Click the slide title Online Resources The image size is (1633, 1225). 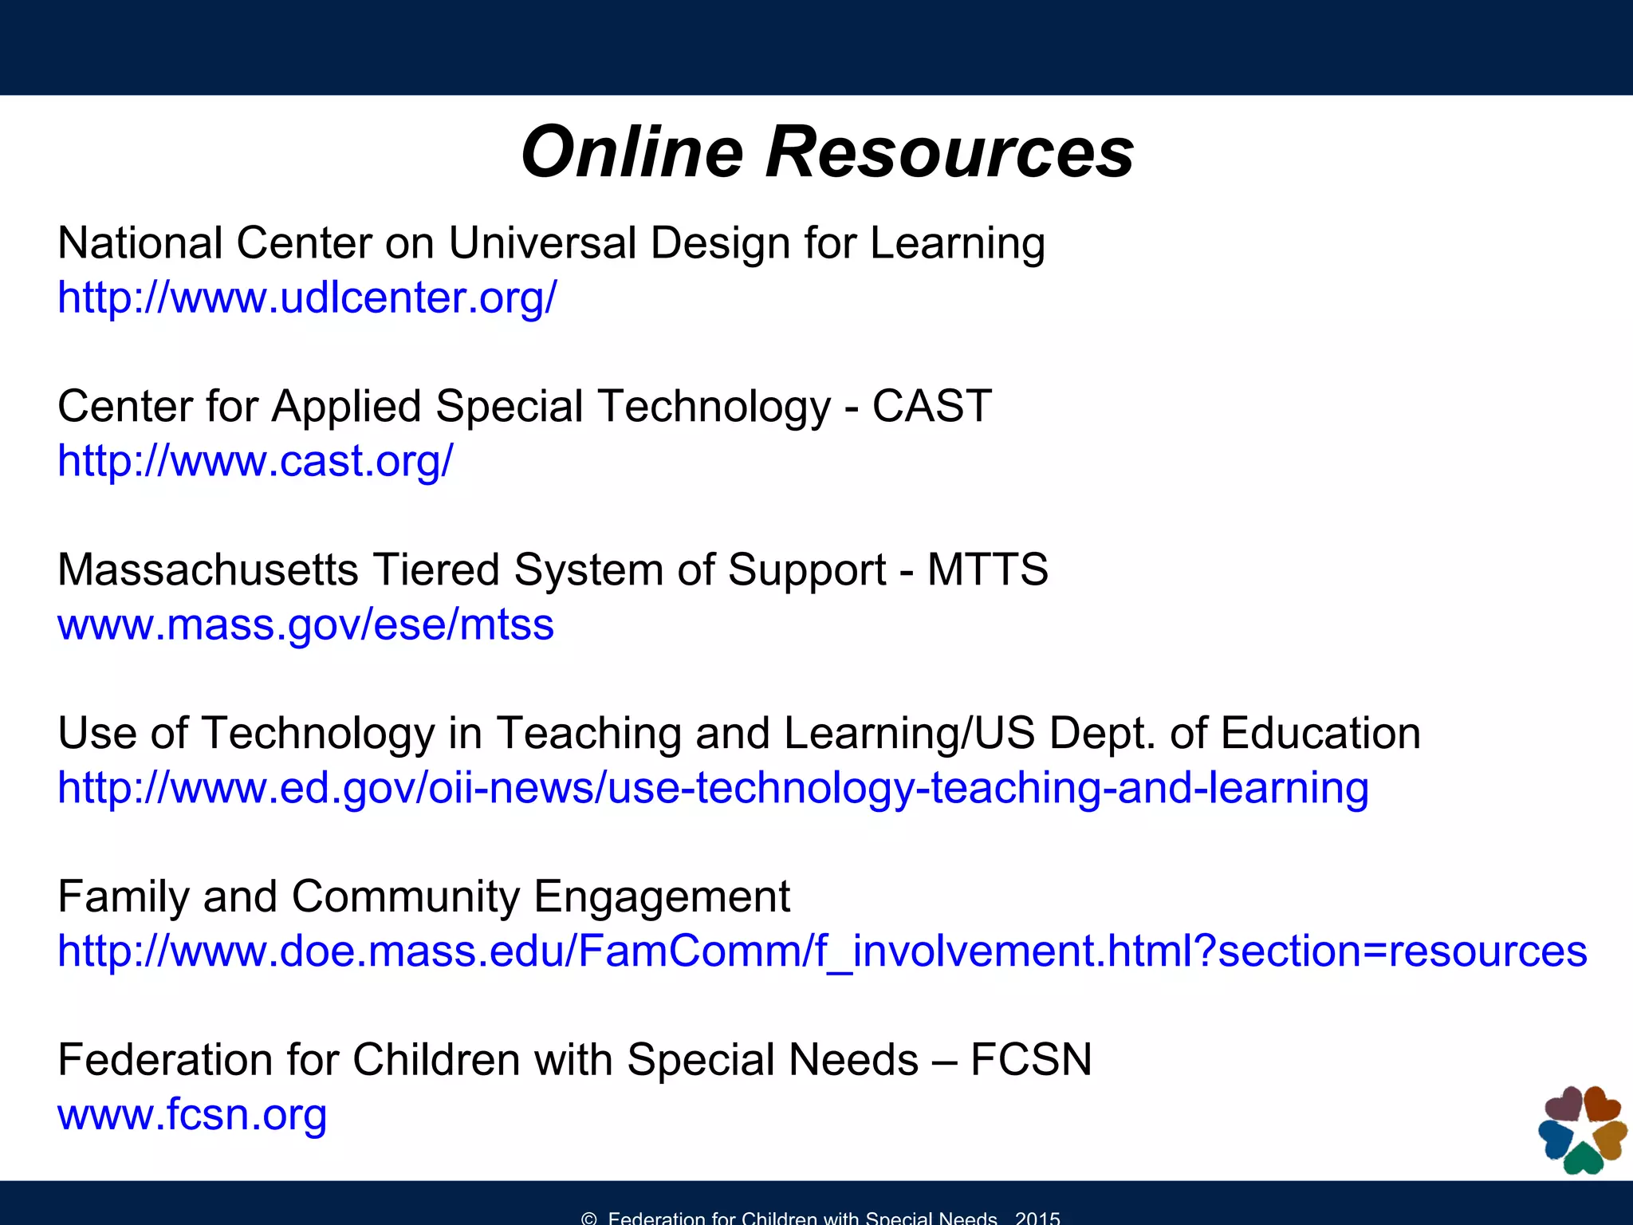click(827, 152)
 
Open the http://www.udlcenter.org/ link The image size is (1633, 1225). click(307, 297)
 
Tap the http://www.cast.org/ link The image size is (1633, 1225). click(255, 461)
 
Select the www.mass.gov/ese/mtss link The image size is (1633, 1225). click(305, 624)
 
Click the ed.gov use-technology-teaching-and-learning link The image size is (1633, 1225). click(713, 788)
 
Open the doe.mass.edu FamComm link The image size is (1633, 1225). click(822, 951)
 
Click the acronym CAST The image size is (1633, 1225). click(931, 406)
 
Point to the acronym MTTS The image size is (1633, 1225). click(987, 570)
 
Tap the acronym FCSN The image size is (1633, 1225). click(1030, 1060)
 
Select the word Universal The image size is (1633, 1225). click(542, 243)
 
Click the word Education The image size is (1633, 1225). click(1320, 733)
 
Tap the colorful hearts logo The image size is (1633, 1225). click(1582, 1129)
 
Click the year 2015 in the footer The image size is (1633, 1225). click(1037, 1217)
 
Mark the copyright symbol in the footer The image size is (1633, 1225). click(589, 1218)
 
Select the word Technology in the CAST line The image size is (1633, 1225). click(714, 406)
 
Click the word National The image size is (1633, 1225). click(140, 243)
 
